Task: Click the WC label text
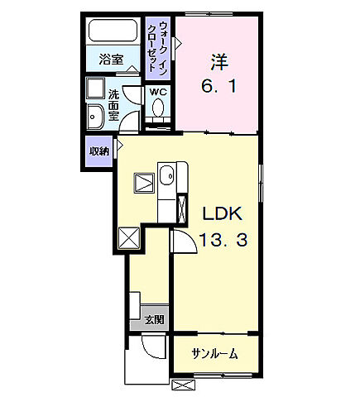point(158,93)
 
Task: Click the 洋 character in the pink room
point(218,60)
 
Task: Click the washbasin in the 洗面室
point(93,115)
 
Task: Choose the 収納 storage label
point(99,152)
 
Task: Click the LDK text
point(223,213)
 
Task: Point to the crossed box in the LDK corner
point(129,237)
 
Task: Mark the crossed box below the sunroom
point(181,385)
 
